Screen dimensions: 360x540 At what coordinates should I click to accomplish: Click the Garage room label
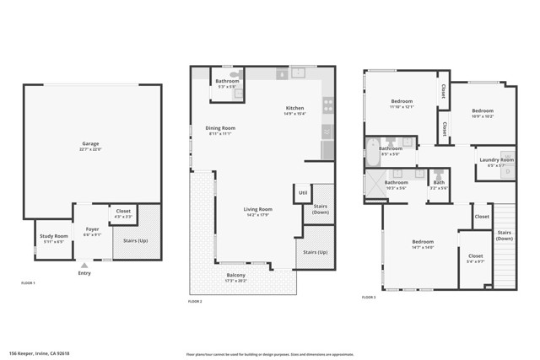pos(90,144)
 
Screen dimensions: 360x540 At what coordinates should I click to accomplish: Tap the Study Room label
pos(49,237)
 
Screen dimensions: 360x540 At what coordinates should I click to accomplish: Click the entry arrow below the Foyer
pos(84,266)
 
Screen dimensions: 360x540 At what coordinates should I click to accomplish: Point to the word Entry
pos(84,273)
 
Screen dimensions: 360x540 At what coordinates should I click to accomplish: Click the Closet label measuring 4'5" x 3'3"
pos(123,211)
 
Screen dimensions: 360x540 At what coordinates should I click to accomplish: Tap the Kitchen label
pos(294,108)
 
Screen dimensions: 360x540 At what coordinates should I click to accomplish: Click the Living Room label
pos(258,209)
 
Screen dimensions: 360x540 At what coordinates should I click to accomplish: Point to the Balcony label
pos(236,275)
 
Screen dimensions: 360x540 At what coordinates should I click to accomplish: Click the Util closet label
pos(302,193)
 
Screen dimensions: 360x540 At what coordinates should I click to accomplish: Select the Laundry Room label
pos(496,159)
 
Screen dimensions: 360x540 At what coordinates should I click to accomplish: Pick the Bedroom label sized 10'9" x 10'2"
pos(483,110)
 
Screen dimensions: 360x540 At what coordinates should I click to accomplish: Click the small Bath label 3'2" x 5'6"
pos(439,182)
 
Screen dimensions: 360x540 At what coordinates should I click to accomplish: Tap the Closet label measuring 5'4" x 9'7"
pos(476,256)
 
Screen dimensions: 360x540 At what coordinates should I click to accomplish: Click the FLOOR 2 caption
pos(195,301)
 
